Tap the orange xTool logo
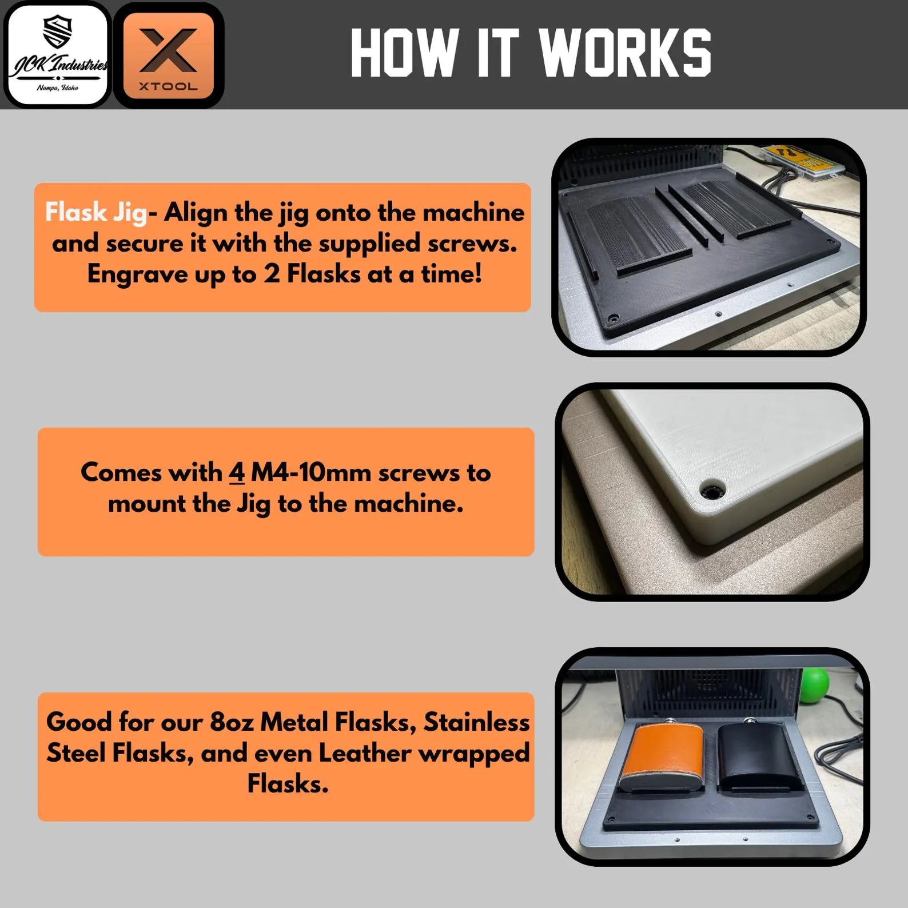168,55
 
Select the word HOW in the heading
404,53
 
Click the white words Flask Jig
96,212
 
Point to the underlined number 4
237,473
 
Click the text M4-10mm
311,472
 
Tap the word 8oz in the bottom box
232,722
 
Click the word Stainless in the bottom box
476,722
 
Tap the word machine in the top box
473,213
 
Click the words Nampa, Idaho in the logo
57,88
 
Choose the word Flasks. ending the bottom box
288,783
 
